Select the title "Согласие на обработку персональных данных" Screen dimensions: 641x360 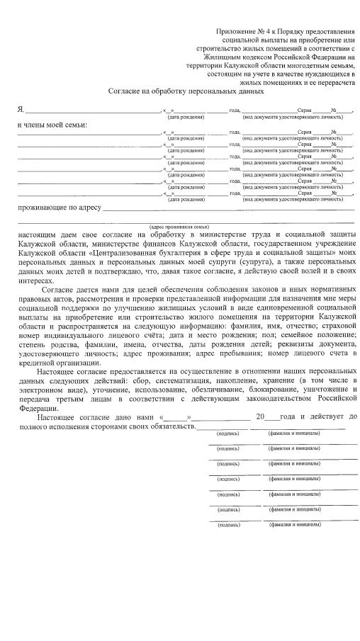tap(186, 91)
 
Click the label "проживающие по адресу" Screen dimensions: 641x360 tap(59, 208)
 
